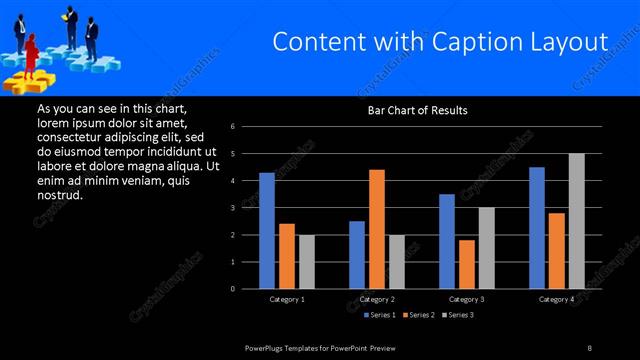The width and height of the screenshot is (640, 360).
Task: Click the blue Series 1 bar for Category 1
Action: click(x=267, y=231)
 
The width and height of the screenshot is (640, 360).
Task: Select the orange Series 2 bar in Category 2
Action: click(x=376, y=229)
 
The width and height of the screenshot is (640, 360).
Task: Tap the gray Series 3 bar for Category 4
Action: click(x=576, y=221)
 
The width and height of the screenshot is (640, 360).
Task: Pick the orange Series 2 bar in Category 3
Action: click(x=466, y=264)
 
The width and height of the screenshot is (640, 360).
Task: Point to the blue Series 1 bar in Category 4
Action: click(x=537, y=228)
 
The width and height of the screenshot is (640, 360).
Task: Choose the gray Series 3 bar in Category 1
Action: click(x=306, y=262)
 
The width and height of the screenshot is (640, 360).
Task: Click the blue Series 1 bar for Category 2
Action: click(x=357, y=255)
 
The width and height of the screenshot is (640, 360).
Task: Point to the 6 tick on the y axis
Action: click(x=232, y=127)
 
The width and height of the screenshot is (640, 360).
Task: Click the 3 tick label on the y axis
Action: click(x=232, y=208)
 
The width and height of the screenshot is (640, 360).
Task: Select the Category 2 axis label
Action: click(x=376, y=299)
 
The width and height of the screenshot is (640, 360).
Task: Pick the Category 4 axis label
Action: click(x=556, y=299)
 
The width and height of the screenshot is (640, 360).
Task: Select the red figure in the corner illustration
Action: click(x=31, y=52)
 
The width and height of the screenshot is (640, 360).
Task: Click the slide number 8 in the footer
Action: click(x=590, y=347)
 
